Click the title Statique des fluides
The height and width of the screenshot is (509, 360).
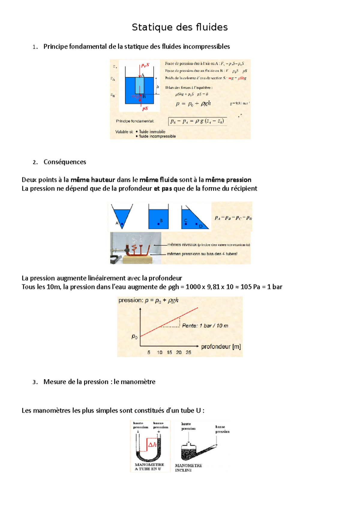180,27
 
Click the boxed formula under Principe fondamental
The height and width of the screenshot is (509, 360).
197,121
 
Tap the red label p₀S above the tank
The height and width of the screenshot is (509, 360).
145,65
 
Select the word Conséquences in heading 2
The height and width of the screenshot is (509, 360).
65,162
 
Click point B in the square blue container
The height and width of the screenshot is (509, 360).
158,224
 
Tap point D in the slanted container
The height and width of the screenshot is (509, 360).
196,224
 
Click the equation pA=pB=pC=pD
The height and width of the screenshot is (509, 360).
233,218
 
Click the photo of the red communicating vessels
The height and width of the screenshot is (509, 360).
136,248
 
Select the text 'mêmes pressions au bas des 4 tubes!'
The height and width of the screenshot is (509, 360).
202,254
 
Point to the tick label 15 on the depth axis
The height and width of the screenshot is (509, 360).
169,352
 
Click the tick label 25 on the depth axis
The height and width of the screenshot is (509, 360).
188,352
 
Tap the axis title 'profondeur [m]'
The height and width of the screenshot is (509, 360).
221,347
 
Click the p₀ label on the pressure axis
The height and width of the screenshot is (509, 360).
134,337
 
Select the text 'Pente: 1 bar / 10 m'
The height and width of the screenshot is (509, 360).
205,326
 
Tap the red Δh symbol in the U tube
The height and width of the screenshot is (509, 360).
152,445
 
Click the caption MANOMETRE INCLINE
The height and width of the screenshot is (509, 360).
188,468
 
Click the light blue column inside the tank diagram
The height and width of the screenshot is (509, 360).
139,85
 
